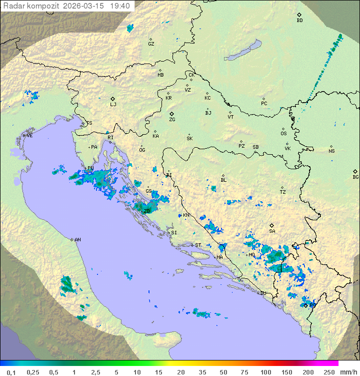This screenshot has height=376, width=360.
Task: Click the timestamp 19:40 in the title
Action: point(120,6)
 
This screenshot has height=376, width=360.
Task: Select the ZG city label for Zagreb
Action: point(172,120)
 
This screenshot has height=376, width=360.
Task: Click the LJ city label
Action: point(113,105)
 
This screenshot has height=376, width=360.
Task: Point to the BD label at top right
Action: point(299,21)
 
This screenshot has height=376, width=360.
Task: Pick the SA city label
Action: point(272,231)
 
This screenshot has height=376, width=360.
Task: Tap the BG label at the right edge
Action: point(355,177)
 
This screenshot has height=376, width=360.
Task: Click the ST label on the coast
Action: point(198,245)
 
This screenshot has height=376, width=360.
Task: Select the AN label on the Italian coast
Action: point(77,240)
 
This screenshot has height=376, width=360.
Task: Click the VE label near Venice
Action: point(29,136)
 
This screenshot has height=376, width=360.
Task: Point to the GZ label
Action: point(151,44)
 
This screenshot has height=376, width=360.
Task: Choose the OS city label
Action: point(283,134)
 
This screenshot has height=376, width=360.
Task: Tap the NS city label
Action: point(331,151)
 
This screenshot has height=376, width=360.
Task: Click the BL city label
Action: point(223,180)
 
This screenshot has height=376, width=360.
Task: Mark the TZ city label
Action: point(283,192)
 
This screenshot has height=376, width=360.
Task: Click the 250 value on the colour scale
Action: point(329,372)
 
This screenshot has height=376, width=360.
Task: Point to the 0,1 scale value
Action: point(11,372)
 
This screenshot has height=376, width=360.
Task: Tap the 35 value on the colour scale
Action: point(202,372)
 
